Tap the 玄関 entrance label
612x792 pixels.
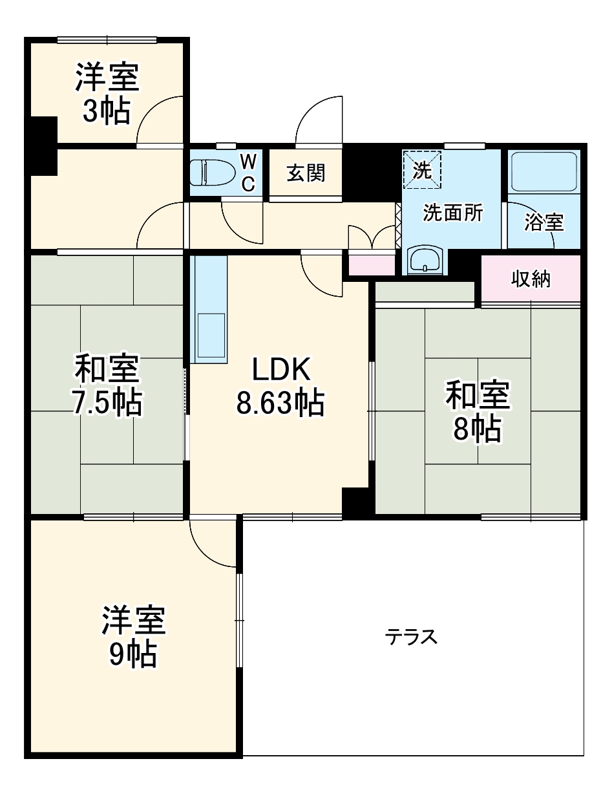click(x=306, y=173)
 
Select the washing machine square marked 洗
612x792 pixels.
click(x=421, y=170)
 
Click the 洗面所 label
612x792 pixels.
click(x=452, y=213)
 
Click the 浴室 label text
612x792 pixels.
click(x=543, y=223)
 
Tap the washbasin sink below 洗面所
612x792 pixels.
click(x=425, y=260)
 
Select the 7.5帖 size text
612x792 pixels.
click(x=106, y=403)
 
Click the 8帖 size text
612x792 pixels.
click(x=478, y=429)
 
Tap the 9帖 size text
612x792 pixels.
click(x=132, y=655)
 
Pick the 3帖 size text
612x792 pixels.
click(x=106, y=111)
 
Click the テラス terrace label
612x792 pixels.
click(x=412, y=637)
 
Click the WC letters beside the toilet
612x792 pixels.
click(x=249, y=173)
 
